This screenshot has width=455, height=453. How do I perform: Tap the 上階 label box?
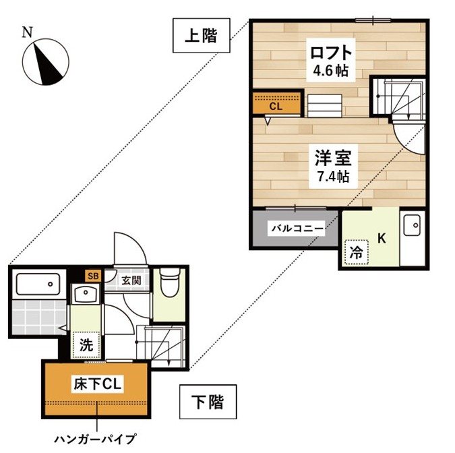click(x=200, y=36)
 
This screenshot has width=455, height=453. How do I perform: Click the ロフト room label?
click(x=330, y=52)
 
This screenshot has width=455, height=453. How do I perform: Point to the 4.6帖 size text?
click(x=330, y=69)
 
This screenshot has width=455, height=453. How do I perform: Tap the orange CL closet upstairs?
click(x=276, y=104)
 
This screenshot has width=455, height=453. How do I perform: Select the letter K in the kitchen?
click(x=381, y=237)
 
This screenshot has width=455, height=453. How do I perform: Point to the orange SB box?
click(x=92, y=276)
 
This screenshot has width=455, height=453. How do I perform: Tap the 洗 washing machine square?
click(x=86, y=345)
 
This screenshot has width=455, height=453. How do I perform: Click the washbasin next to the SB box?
click(x=86, y=294)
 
